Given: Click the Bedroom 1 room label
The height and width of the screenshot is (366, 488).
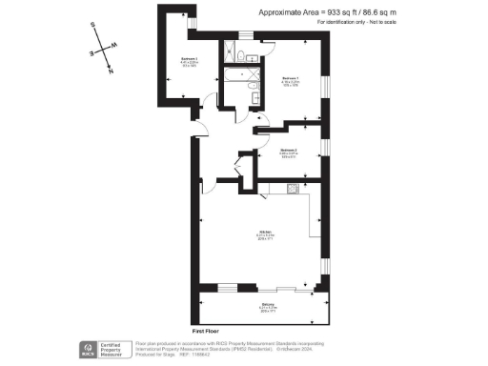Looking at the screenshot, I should (x=291, y=79).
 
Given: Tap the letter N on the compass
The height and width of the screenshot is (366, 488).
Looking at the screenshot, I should (x=112, y=71).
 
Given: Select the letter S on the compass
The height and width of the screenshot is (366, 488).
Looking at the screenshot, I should (x=92, y=27).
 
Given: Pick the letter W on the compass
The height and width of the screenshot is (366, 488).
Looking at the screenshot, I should (x=115, y=45).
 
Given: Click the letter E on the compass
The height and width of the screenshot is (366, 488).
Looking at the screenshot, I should (x=92, y=53).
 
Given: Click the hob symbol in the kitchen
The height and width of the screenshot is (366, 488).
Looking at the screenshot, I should (x=291, y=190).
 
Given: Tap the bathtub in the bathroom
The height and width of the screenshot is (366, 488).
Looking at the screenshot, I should (x=234, y=69).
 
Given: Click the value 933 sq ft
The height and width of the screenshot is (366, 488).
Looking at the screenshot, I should (x=341, y=11).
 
